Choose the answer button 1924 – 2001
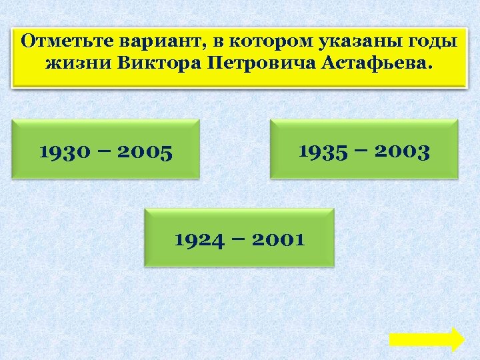pos(239,237)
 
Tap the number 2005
pos(145,153)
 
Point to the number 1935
pos(323,152)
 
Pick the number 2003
pos(403,152)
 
